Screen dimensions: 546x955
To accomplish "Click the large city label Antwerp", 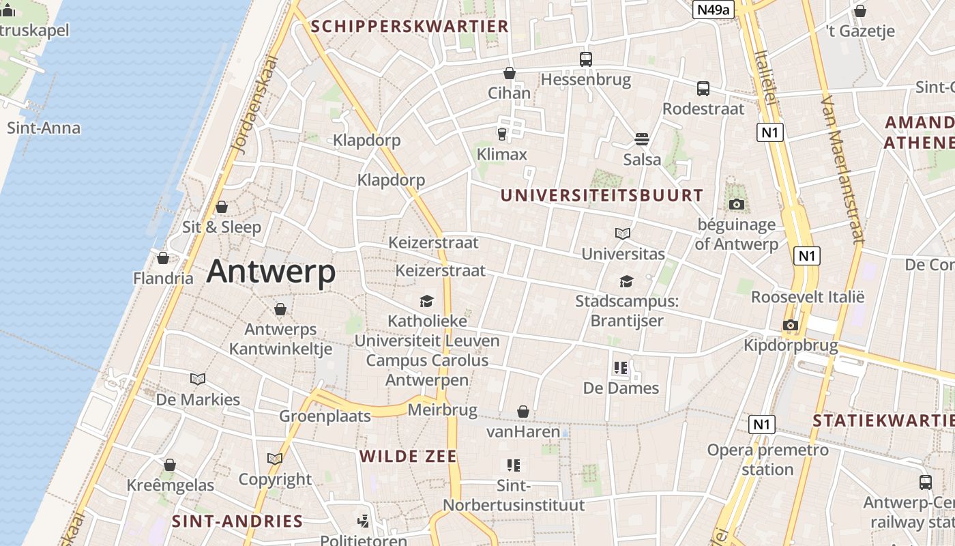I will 271,271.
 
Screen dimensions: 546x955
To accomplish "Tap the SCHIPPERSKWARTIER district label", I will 409,27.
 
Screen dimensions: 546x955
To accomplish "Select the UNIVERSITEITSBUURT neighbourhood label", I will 602,195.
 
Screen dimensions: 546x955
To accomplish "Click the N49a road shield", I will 713,10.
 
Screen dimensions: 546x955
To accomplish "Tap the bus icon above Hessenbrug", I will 585,59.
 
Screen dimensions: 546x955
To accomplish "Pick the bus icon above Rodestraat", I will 703,89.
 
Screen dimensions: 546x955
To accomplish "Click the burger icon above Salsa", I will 641,139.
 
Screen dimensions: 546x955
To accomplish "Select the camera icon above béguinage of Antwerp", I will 736,204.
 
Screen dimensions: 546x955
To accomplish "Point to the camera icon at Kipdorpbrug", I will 791,325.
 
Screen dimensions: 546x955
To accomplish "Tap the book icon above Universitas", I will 622,234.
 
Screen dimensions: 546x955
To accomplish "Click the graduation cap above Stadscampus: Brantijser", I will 626,281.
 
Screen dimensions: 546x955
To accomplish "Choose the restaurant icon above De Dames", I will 620,369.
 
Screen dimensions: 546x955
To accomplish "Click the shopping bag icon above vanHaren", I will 523,412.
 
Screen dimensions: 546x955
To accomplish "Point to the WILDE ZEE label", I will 408,457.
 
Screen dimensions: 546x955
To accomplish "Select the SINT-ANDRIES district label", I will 237,521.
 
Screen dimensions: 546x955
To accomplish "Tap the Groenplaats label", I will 325,416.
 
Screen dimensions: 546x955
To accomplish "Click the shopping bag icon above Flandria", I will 162,258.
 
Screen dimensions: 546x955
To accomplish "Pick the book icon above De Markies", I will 198,379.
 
